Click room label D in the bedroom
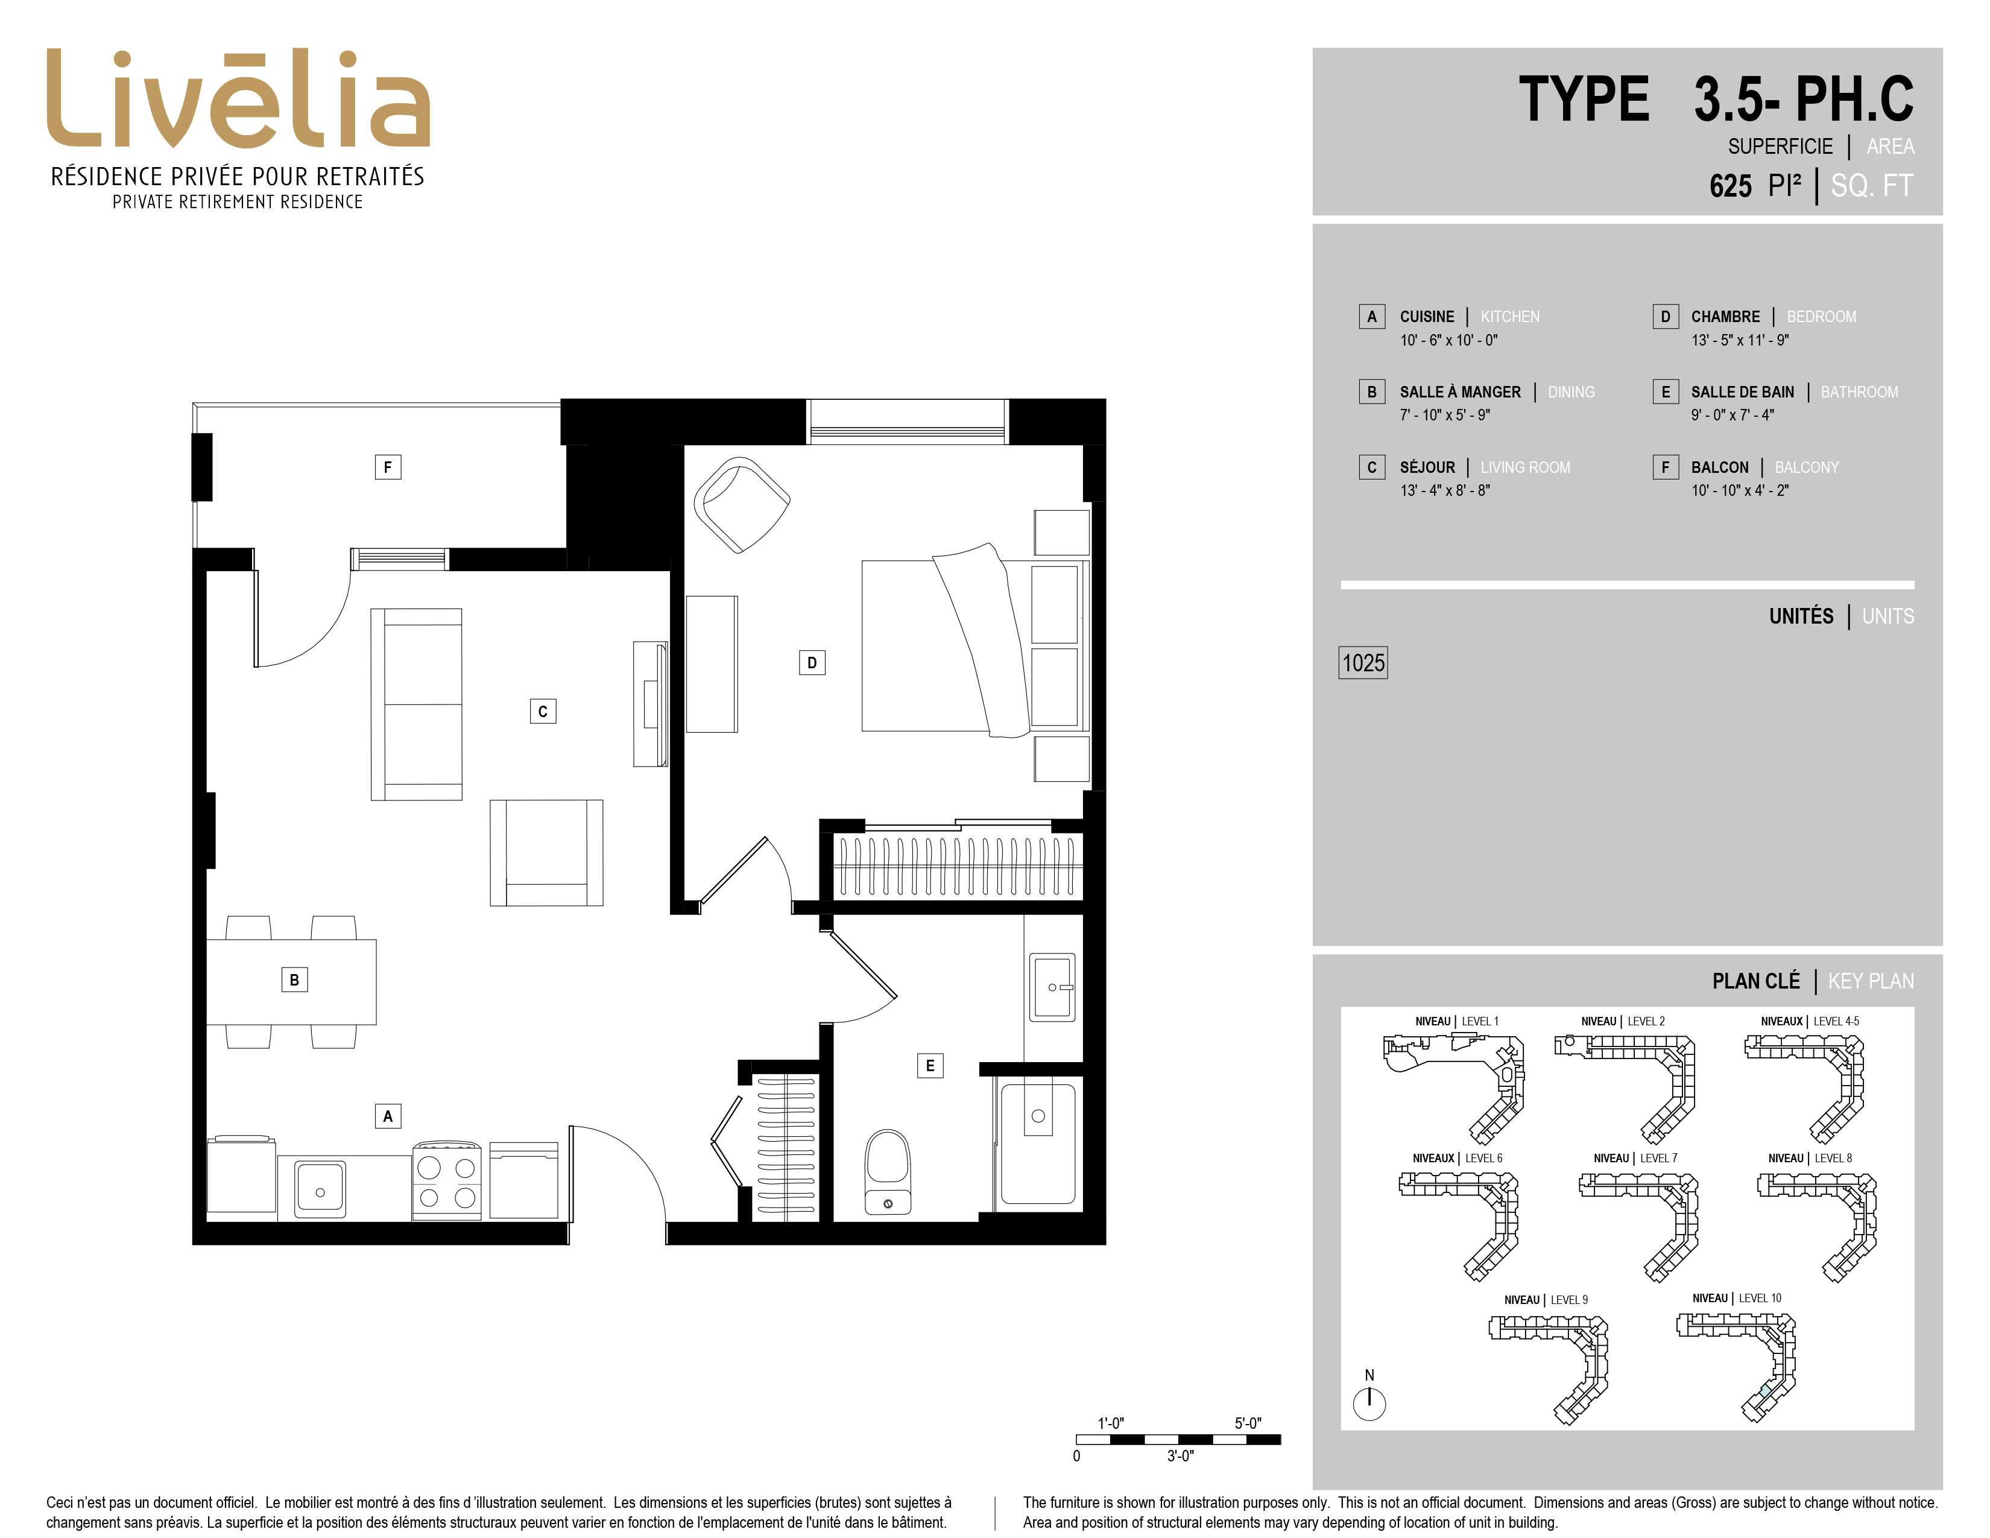click(x=812, y=662)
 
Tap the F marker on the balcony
click(x=388, y=467)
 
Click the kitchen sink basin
click(x=320, y=1189)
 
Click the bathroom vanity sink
click(x=1052, y=987)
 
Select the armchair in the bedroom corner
click(x=742, y=504)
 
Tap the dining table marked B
click(x=292, y=981)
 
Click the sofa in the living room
click(x=417, y=704)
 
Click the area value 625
click(x=1730, y=186)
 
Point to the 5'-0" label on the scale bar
click(x=1248, y=1422)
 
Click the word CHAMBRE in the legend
click(x=1725, y=316)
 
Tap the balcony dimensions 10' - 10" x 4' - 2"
click(x=1739, y=490)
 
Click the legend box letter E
click(x=1666, y=392)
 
